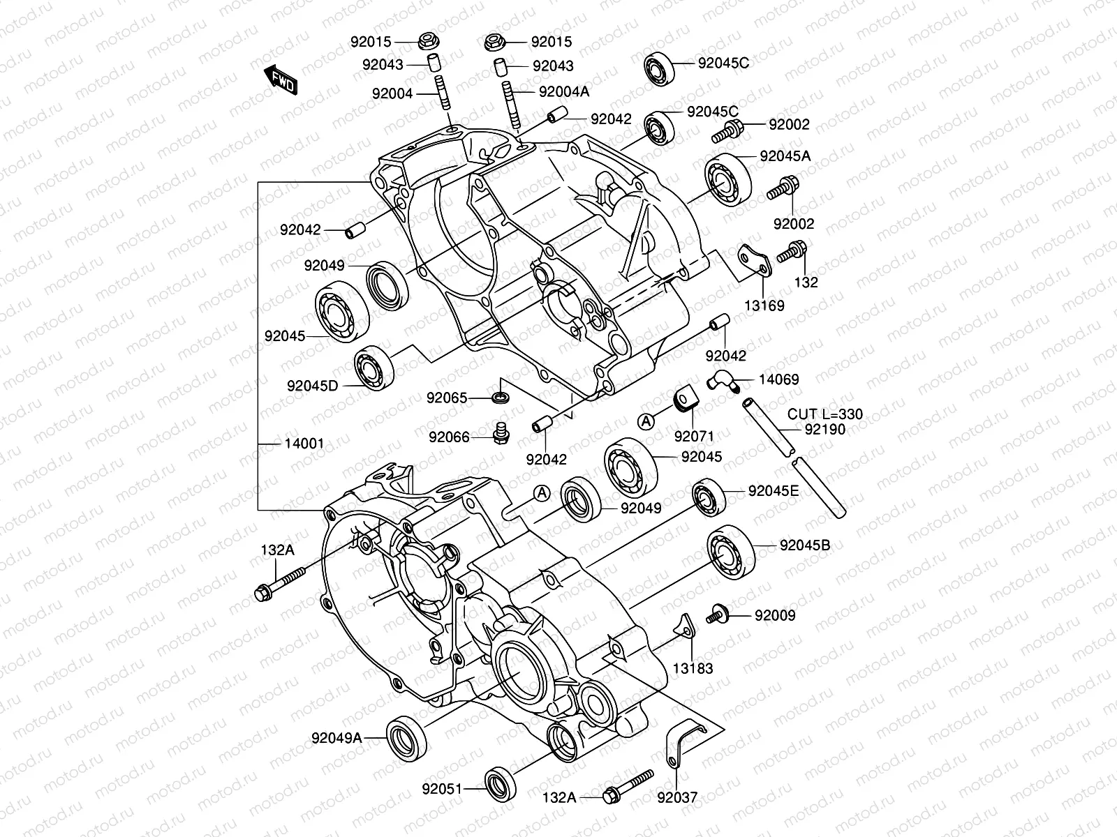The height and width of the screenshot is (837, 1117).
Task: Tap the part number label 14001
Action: point(304,444)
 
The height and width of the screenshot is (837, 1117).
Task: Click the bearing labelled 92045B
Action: point(731,553)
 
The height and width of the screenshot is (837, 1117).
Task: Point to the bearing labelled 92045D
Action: point(373,365)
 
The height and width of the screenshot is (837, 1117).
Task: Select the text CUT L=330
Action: point(824,414)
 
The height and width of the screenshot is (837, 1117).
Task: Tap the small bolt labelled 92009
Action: point(718,614)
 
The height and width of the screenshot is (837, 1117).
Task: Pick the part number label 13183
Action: point(693,669)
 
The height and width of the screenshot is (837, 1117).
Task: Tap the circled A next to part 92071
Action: point(647,421)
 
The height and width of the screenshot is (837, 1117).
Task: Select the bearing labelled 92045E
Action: point(709,497)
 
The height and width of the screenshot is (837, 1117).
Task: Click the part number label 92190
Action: point(824,430)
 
